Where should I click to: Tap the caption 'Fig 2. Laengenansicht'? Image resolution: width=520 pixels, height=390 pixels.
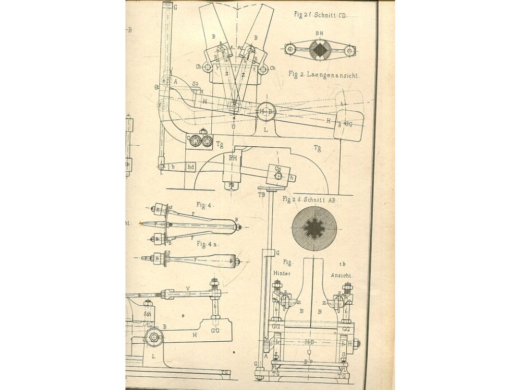click(x=323, y=75)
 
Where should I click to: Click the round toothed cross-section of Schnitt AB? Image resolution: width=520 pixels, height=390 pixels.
click(x=314, y=229)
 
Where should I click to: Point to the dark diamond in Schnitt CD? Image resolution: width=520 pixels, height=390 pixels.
click(x=319, y=50)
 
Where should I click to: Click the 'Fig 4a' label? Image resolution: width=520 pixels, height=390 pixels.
click(x=208, y=244)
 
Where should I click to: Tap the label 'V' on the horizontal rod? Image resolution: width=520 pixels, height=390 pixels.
click(x=187, y=288)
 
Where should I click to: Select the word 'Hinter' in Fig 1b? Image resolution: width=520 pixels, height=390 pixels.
click(x=282, y=273)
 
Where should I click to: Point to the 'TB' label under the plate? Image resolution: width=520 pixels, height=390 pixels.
click(x=262, y=194)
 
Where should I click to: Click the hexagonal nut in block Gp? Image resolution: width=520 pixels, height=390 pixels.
click(x=278, y=176)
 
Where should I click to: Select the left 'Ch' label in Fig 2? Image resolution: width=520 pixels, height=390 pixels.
click(x=199, y=67)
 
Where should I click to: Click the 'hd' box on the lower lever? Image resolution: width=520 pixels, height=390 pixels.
click(x=191, y=166)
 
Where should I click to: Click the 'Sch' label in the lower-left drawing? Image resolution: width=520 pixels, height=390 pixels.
click(x=147, y=314)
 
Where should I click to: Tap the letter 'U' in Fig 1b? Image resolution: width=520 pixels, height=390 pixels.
click(x=309, y=351)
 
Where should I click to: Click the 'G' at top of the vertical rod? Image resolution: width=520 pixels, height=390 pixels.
click(x=175, y=8)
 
